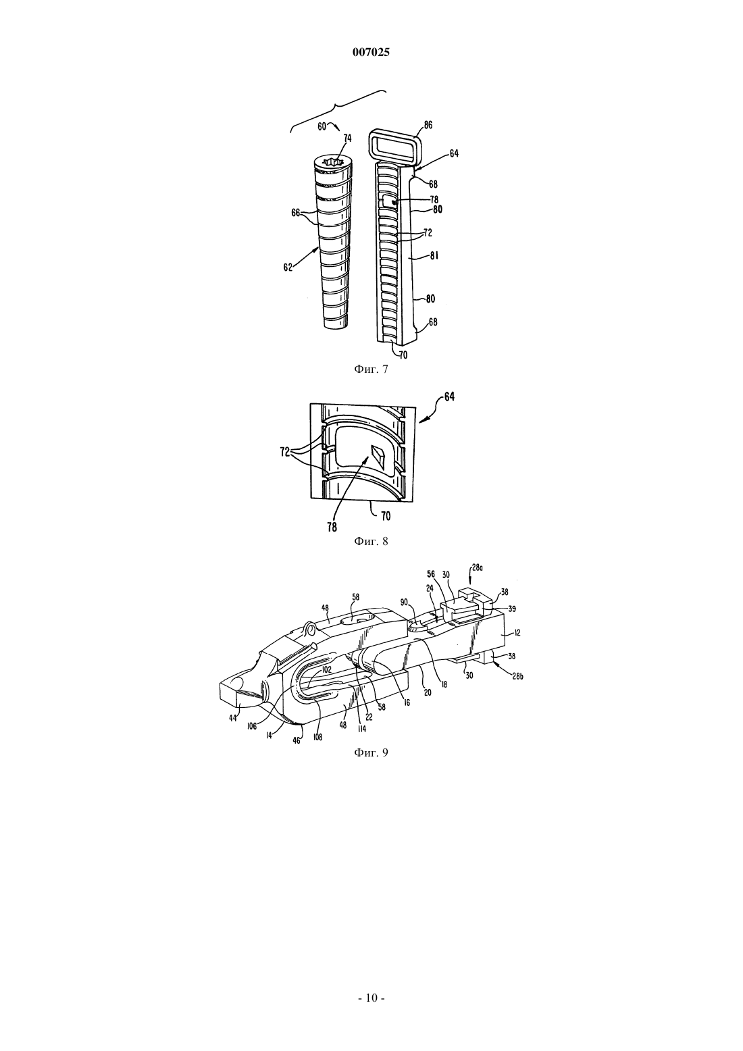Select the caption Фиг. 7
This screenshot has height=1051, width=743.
(x=371, y=369)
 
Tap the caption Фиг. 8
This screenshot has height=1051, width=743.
(x=371, y=542)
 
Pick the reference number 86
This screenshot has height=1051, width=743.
(x=428, y=125)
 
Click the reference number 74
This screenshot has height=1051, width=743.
(x=348, y=138)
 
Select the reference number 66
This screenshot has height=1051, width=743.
(x=296, y=213)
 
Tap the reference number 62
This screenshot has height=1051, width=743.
(x=288, y=267)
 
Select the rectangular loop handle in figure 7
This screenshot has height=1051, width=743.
(x=394, y=147)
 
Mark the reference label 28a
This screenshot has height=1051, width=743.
(x=477, y=567)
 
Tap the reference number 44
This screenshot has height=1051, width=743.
(x=233, y=717)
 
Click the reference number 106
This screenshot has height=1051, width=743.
(x=252, y=727)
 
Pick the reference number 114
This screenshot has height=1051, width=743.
(x=361, y=729)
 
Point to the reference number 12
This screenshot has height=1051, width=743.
(x=517, y=634)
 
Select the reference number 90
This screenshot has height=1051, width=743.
(x=405, y=602)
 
